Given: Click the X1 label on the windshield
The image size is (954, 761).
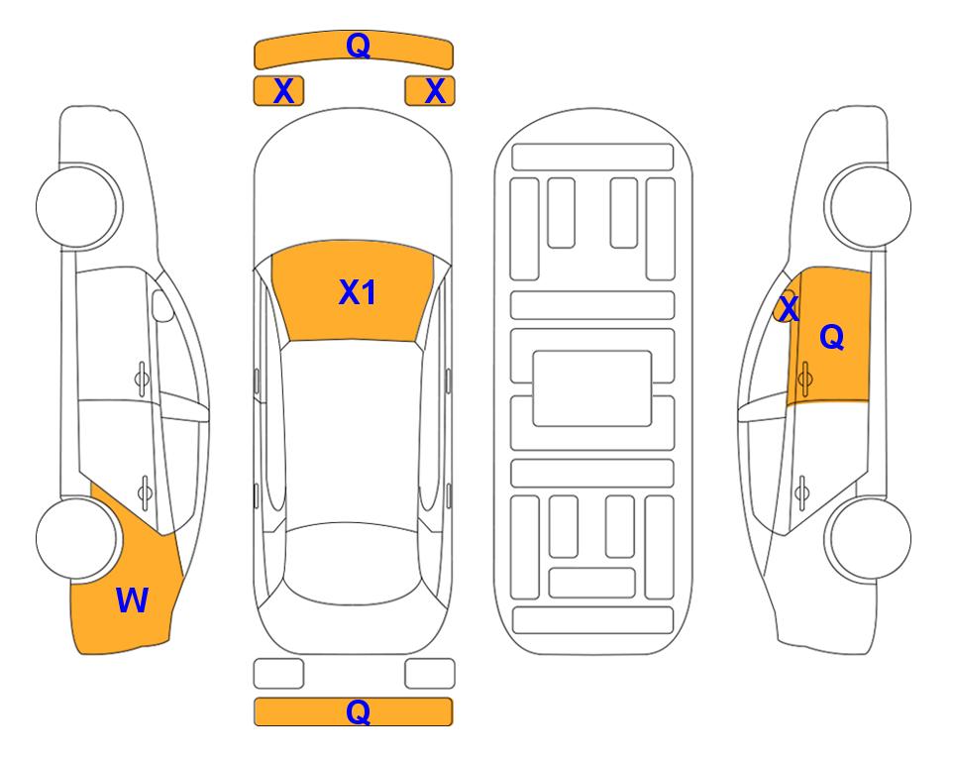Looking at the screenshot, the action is coord(358,292).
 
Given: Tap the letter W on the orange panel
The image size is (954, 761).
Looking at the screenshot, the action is coord(132,600).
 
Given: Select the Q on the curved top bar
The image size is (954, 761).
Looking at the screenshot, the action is coord(358,45).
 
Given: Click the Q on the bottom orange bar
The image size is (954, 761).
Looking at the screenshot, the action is coord(358,711).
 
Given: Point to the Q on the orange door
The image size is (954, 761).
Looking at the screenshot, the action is coord(832,337).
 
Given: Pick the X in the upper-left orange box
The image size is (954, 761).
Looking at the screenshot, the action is coord(283,91).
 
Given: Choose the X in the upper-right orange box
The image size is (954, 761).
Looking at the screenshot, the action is coord(435,91).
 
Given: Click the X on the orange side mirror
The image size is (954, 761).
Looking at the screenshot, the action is coord(789,308).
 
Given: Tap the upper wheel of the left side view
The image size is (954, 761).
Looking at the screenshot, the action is coord(78,207).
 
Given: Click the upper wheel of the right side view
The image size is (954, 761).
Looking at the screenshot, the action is coord(869,207).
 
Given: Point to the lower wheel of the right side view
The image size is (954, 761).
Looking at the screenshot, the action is coord(869,538).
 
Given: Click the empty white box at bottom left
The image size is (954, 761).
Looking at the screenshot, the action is coord(278,674).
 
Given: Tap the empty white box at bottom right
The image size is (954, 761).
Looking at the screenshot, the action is coord(430,674).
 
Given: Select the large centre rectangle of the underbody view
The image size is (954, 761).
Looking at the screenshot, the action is coord(592,388).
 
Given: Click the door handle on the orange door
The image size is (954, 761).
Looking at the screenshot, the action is coord(804,379).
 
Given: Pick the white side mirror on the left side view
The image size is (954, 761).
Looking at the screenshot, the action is coord(162,306).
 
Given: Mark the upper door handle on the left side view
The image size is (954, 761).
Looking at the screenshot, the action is coord(142,379).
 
